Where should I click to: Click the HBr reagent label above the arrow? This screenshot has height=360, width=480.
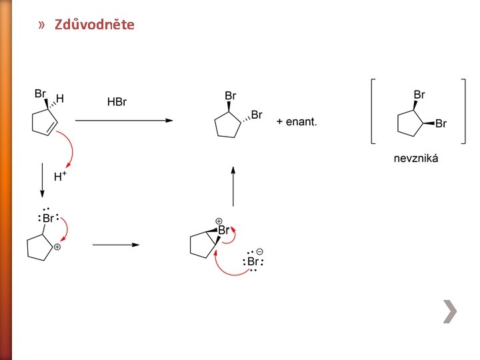point(117,102)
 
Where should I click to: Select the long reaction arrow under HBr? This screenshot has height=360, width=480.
point(123,121)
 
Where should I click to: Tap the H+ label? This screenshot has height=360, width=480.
point(60,177)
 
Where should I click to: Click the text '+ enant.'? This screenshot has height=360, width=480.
point(297,121)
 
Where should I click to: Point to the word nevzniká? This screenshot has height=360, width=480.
point(416,159)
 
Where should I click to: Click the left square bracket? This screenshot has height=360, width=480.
point(372,111)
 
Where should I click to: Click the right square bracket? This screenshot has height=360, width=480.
point(463,111)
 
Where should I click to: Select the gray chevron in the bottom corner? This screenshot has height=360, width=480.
point(451,311)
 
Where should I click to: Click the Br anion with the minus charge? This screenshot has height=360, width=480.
point(253,262)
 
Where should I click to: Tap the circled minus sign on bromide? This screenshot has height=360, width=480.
point(259,251)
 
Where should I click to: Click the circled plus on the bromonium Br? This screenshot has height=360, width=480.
point(218,220)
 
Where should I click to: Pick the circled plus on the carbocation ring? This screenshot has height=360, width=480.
point(58,247)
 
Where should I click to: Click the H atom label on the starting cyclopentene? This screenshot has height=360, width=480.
point(60,99)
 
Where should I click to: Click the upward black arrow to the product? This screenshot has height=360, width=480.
point(233,187)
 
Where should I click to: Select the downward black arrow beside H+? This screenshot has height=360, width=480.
point(42,179)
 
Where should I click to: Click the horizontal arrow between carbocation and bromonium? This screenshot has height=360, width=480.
point(115,245)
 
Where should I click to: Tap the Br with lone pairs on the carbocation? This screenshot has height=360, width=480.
point(49,218)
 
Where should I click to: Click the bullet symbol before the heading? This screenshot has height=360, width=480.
point(42,25)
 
